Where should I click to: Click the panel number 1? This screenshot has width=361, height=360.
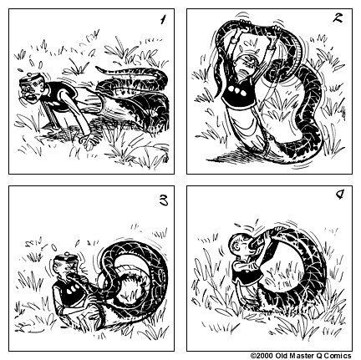(x=164, y=19)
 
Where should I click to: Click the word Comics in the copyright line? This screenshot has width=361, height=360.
(x=343, y=355)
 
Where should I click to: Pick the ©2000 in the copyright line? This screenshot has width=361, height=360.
(x=262, y=355)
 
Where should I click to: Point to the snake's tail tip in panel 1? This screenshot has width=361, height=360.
(x=100, y=73)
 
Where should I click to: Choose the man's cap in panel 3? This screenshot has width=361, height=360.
(x=64, y=248)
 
